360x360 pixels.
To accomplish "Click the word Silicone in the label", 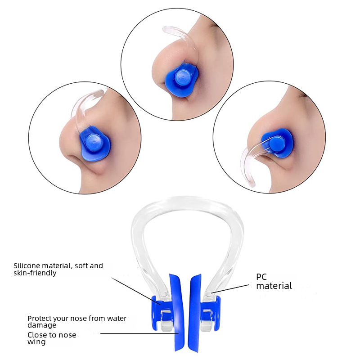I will click(x=27, y=266).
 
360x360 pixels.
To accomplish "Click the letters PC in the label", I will click(x=261, y=277).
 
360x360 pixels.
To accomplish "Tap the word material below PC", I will click(x=274, y=286).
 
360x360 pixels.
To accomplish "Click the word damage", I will click(x=42, y=325).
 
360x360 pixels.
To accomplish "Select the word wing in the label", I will click(x=36, y=342).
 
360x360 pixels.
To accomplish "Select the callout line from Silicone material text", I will click(x=135, y=290).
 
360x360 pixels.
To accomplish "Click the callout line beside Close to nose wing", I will click(x=139, y=333).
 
